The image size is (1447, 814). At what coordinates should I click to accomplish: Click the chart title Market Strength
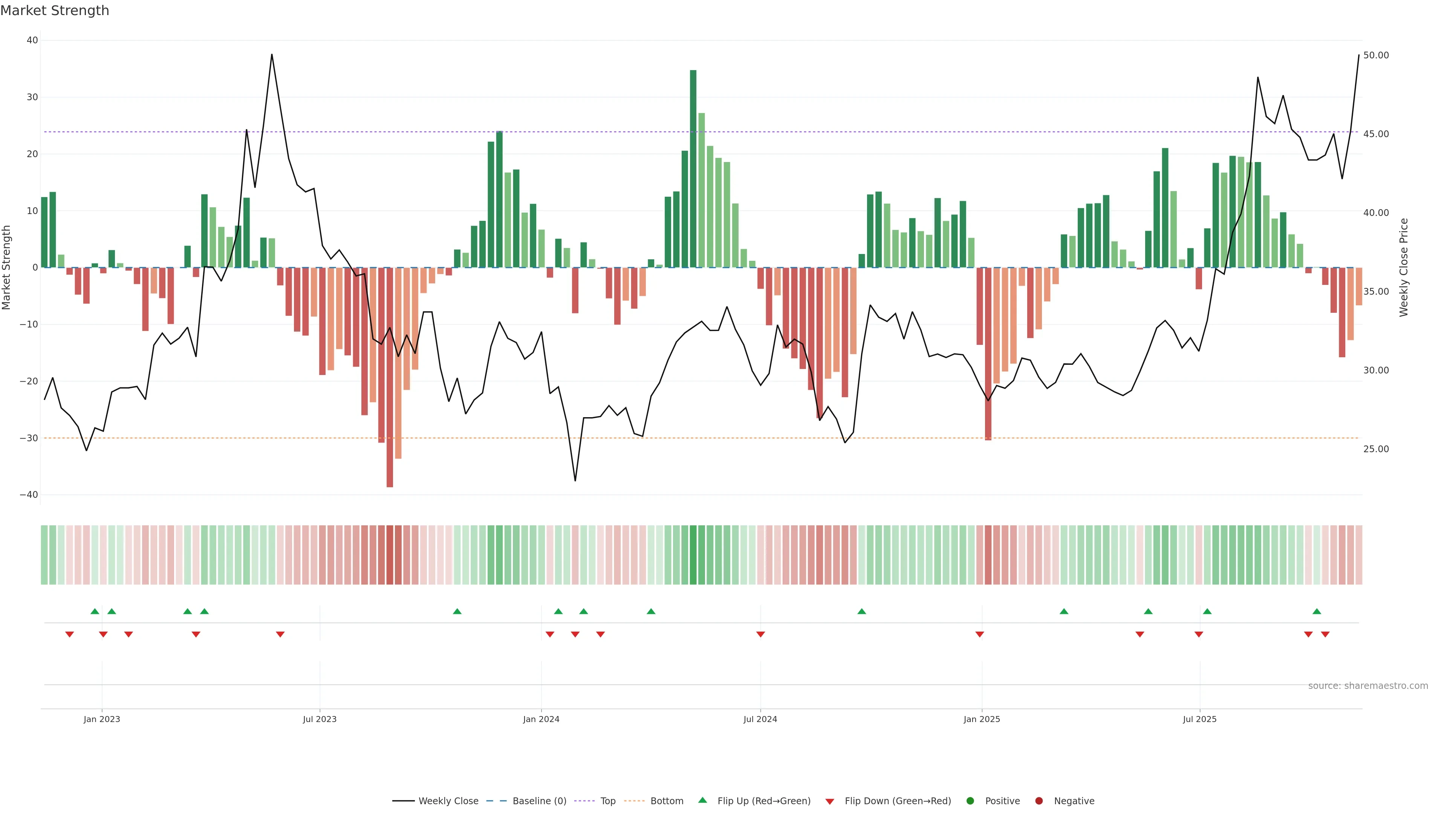tap(55, 11)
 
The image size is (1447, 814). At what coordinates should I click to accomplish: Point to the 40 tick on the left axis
tap(32, 40)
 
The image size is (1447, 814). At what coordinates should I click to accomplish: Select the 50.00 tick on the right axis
tap(1376, 55)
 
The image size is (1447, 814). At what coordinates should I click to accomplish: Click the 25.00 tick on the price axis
tap(1376, 449)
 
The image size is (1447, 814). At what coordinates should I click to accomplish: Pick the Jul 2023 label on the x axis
tap(320, 719)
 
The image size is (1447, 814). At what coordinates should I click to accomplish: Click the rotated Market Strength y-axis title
tap(7, 268)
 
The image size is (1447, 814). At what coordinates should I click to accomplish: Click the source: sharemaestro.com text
tap(1368, 686)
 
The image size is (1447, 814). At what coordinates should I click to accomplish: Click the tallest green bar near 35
tap(693, 168)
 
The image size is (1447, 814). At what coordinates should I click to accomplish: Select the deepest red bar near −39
tap(390, 376)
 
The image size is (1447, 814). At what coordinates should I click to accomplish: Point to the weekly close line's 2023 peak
tap(272, 55)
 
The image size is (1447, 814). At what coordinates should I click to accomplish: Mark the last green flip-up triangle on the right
tap(1317, 611)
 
